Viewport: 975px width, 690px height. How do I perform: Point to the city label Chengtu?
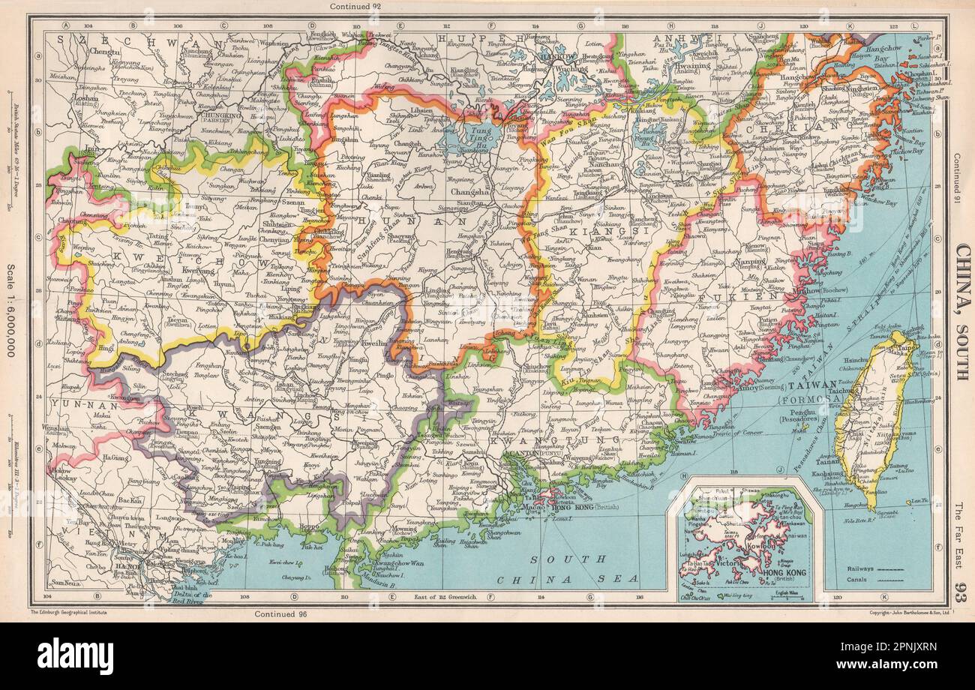coord(104,52)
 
